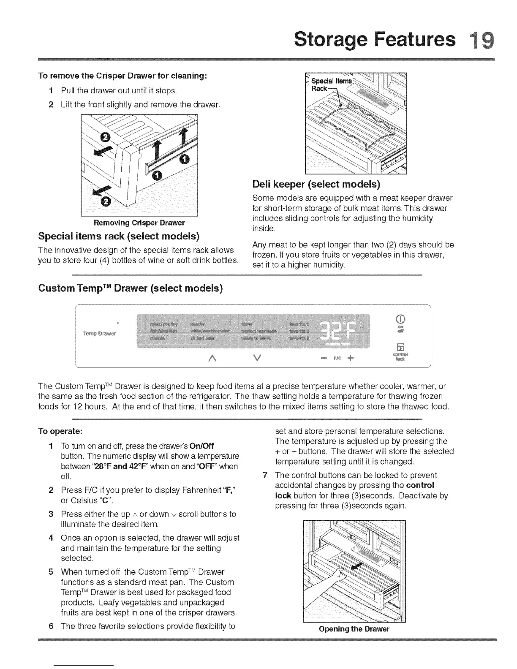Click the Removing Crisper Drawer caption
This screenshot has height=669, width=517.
coord(139,223)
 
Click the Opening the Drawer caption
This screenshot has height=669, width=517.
coord(354,629)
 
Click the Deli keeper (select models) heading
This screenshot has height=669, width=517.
coord(316,184)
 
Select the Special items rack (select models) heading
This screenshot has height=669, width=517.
coord(119,235)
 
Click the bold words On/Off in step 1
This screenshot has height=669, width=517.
coord(202,446)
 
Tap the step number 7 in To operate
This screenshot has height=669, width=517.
coord(265,475)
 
